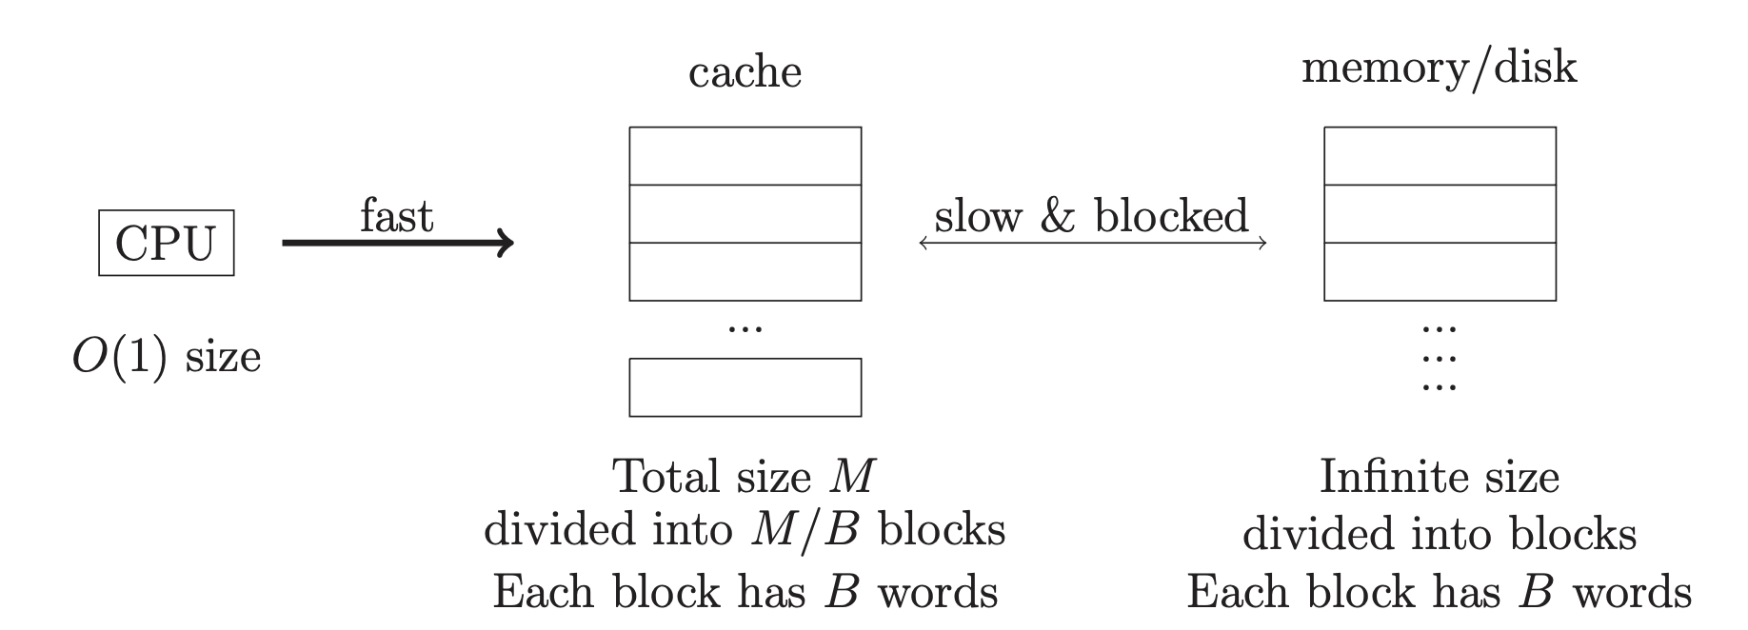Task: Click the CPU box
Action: pos(167,243)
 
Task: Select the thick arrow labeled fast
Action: pos(398,243)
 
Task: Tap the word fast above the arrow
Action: pos(397,216)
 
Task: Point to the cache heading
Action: pos(745,73)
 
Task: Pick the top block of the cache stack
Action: pos(745,156)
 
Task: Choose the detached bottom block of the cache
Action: pos(745,387)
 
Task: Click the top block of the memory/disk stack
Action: pos(1440,156)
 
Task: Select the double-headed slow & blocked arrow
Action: pos(1093,243)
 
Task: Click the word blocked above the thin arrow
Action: pos(1171,215)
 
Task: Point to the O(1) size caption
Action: pos(167,358)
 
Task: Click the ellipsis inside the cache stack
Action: pos(745,329)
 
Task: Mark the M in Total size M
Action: pos(851,477)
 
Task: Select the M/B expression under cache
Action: pos(804,530)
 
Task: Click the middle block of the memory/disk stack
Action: pos(1440,214)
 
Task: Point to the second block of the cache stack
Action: pos(745,214)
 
